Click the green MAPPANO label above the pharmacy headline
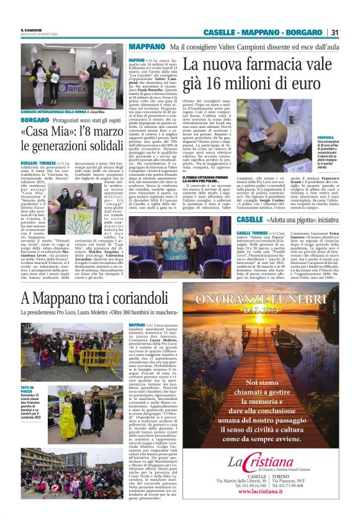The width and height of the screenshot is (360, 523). coord(146,47)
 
